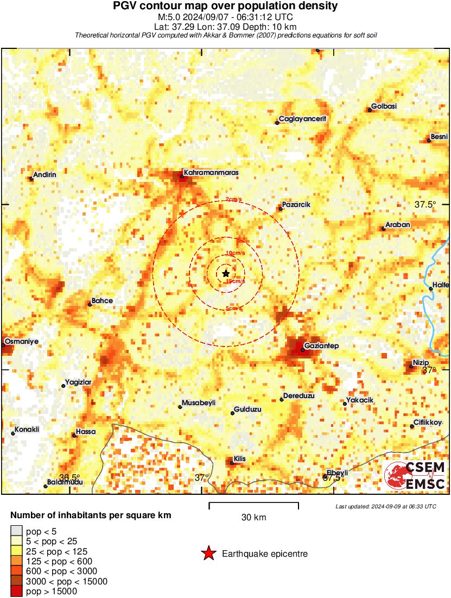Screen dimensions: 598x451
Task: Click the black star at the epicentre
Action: pyautogui.click(x=226, y=274)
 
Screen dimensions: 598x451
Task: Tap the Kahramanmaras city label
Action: pyautogui.click(x=211, y=173)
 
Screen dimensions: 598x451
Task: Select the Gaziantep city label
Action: pyautogui.click(x=321, y=346)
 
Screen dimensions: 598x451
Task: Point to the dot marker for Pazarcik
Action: pyautogui.click(x=281, y=209)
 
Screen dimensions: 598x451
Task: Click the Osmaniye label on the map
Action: pyautogui.click(x=21, y=342)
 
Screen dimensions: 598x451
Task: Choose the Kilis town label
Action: pyautogui.click(x=240, y=459)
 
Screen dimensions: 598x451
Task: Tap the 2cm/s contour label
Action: pyautogui.click(x=234, y=199)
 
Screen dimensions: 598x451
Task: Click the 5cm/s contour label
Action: pyautogui.click(x=234, y=309)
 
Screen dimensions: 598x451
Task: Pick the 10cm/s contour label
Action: pyautogui.click(x=234, y=253)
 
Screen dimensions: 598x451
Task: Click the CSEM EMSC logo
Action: pyautogui.click(x=415, y=475)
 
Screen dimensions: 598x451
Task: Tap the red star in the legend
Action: pyautogui.click(x=208, y=554)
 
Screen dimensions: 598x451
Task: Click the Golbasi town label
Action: pyautogui.click(x=384, y=106)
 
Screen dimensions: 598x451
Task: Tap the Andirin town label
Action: pyautogui.click(x=45, y=175)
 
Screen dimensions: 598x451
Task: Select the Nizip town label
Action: pyautogui.click(x=421, y=362)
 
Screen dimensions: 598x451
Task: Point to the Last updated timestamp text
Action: pyautogui.click(x=386, y=506)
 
